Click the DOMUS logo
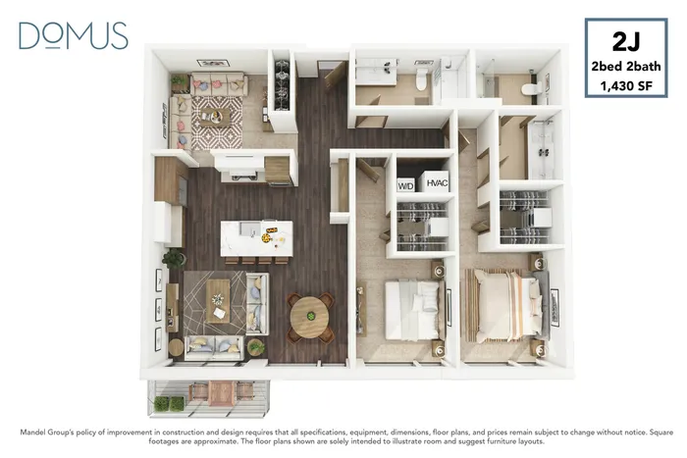pos(74,35)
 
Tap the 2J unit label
pos(626,42)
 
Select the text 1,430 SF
pos(626,86)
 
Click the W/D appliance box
pos(405,185)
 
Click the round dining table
pos(311,316)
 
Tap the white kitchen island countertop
pos(257,238)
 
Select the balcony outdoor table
pos(222,392)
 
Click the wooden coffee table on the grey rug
pos(218,301)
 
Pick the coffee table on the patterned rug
pos(215,117)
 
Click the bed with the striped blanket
pos(503,305)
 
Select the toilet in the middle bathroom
pos(421,78)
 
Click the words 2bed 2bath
pos(626,67)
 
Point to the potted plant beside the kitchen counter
pos(174,258)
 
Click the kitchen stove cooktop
pos(243,176)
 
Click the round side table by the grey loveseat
pos(176,347)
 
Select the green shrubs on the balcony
pos(170,404)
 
